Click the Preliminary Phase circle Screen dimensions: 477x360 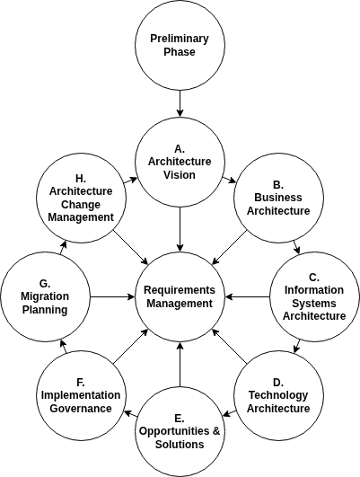(x=180, y=45)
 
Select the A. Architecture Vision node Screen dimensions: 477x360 (x=180, y=162)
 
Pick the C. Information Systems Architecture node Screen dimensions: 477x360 (x=314, y=296)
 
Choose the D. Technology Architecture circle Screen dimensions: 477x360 (x=277, y=394)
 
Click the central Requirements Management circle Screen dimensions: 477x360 (x=180, y=296)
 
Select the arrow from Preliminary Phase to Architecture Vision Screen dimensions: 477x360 (x=180, y=103)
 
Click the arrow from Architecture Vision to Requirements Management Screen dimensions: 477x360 (x=180, y=229)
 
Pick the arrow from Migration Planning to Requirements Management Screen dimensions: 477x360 (x=112, y=296)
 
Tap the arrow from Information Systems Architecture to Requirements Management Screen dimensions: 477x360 (x=247, y=296)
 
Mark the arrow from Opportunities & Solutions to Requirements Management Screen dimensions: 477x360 (x=180, y=364)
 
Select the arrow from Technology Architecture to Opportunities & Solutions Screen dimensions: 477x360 (x=230, y=413)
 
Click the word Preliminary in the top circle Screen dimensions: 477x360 (x=180, y=39)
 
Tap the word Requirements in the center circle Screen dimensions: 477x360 (x=180, y=290)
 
